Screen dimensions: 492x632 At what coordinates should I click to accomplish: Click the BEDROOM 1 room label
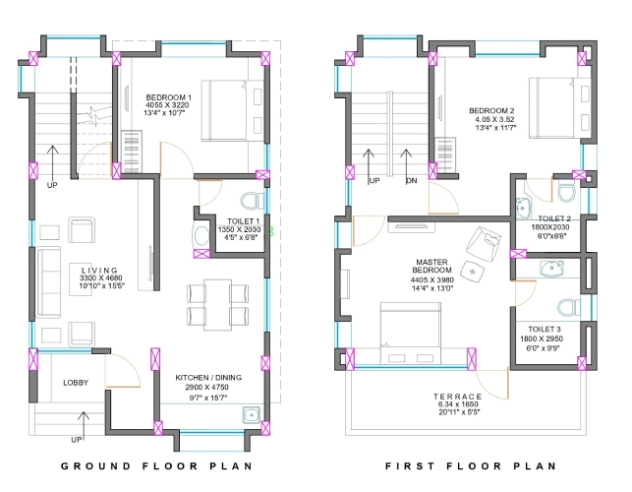(x=168, y=96)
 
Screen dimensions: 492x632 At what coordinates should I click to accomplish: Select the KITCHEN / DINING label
(x=207, y=377)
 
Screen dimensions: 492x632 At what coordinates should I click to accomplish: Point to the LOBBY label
(x=78, y=383)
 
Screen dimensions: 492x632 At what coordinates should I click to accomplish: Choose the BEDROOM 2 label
(x=488, y=109)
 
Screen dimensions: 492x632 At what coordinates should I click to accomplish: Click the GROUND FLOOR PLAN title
(x=156, y=466)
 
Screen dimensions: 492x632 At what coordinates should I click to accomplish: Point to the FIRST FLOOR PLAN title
(x=471, y=466)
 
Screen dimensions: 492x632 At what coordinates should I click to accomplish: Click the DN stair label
(x=411, y=181)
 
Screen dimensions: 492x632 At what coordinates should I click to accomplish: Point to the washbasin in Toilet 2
(x=521, y=208)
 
